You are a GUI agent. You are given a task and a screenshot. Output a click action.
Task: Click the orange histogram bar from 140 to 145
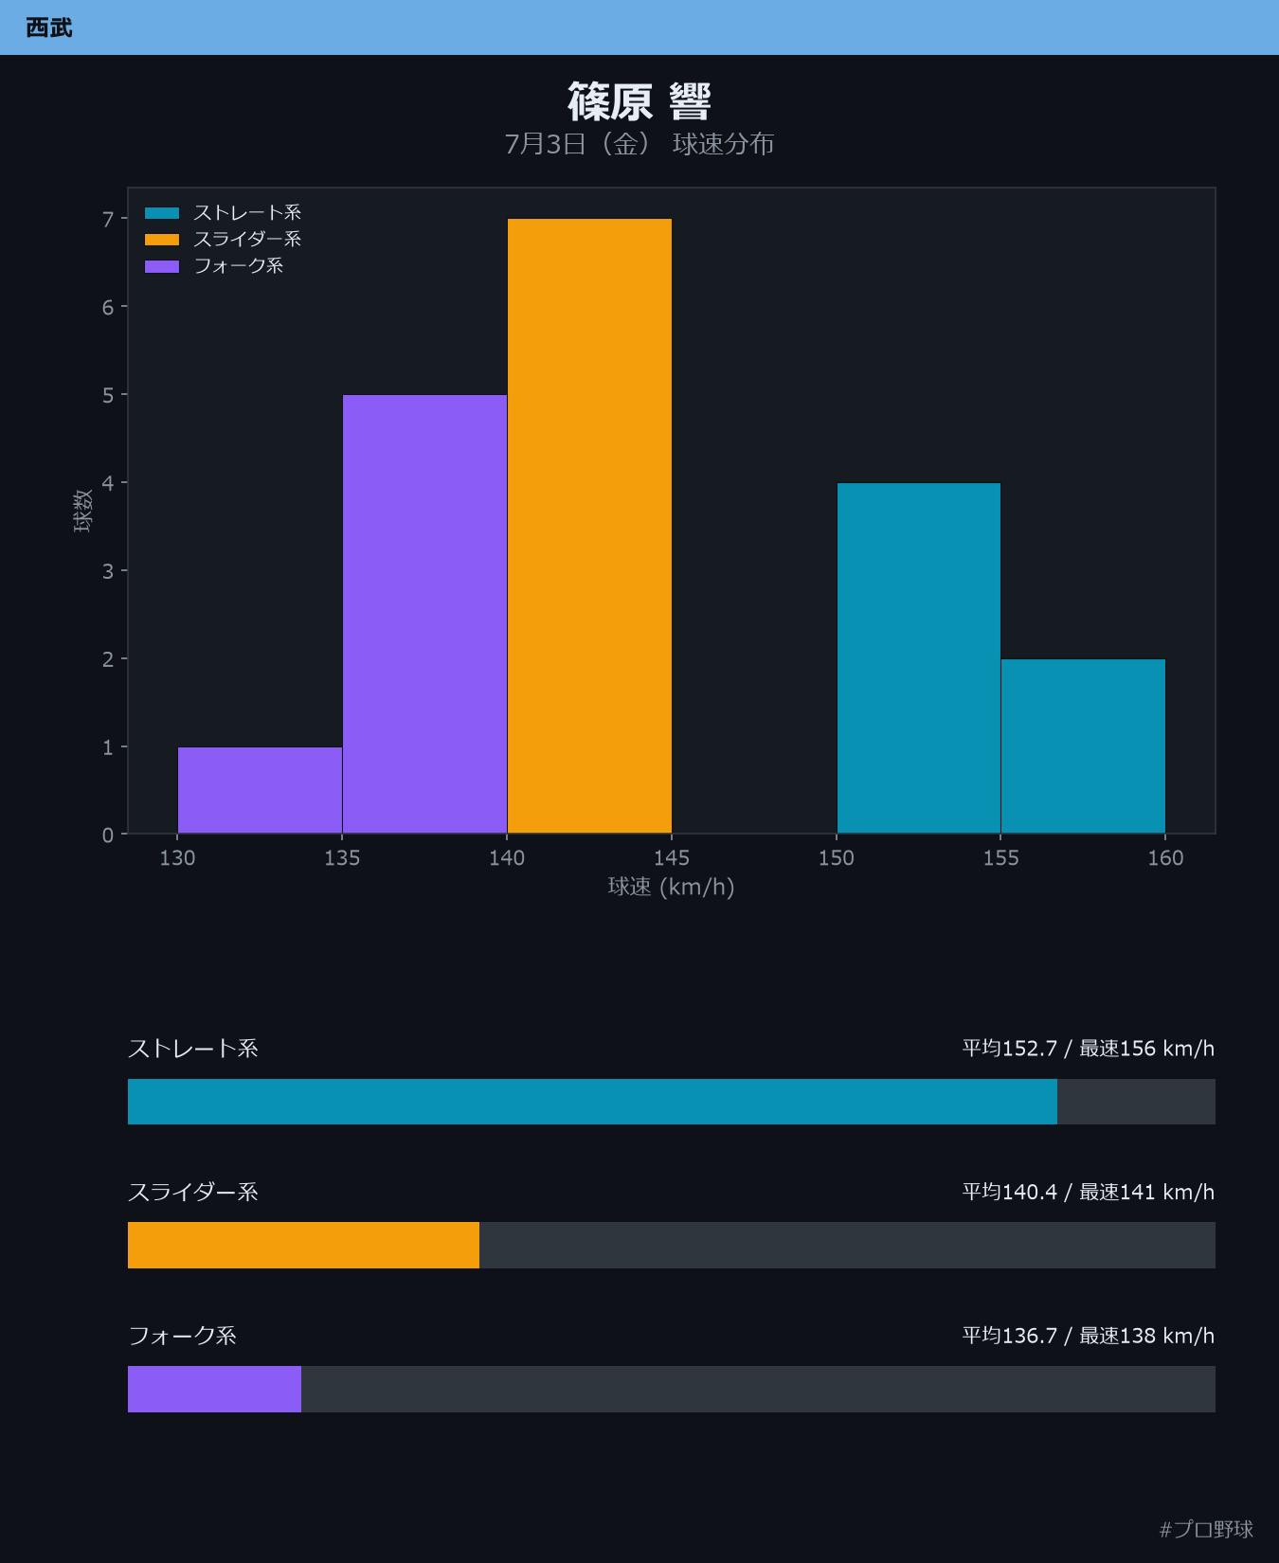(589, 526)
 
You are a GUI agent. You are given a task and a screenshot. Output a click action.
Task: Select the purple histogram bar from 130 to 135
(260, 790)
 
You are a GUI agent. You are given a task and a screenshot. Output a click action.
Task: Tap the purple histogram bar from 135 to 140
(424, 614)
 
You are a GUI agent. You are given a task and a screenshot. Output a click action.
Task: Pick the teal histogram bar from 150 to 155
(919, 658)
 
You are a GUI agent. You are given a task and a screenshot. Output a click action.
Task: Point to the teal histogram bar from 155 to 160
(1083, 746)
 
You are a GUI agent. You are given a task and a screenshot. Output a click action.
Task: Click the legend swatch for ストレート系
(162, 213)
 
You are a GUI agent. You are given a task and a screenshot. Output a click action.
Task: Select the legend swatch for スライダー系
(162, 240)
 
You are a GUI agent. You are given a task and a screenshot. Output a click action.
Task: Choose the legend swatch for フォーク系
(162, 266)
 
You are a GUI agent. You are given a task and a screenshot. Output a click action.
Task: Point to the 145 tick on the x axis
(672, 857)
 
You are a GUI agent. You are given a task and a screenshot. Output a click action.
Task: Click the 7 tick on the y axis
(108, 219)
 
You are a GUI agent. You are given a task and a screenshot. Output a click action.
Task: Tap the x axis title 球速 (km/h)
(672, 887)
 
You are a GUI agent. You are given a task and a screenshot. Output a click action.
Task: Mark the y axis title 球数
(83, 511)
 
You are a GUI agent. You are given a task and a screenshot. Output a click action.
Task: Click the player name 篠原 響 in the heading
(639, 101)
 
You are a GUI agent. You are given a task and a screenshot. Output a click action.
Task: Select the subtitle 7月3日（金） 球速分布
(639, 144)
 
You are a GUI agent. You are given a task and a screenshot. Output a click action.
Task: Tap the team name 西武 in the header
(49, 27)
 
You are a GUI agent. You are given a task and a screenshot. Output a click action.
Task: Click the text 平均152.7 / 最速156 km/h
(1089, 1048)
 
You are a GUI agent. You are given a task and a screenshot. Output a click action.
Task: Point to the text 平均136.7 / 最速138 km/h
(1089, 1335)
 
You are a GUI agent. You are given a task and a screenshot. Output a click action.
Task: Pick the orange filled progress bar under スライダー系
(303, 1245)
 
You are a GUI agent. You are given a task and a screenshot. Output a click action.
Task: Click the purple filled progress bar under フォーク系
(214, 1389)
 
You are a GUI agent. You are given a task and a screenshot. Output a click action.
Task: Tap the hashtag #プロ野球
(1206, 1529)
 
